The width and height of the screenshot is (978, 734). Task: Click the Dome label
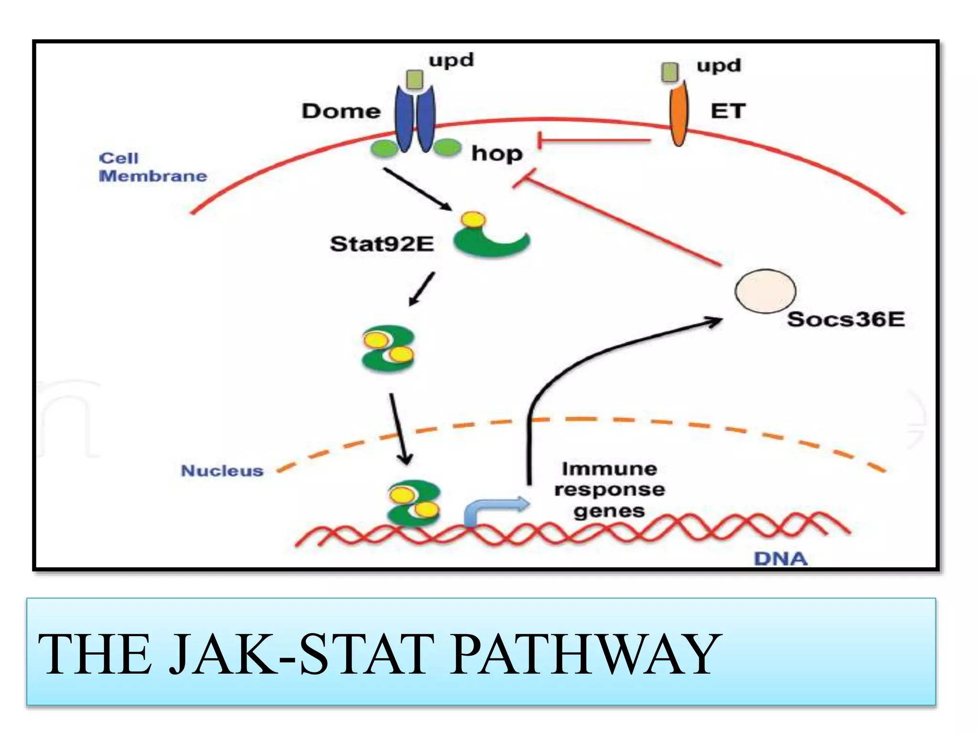(x=341, y=111)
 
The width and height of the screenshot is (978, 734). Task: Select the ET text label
(x=728, y=111)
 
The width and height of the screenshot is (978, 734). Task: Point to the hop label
(x=497, y=154)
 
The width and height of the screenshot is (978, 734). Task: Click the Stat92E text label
(x=382, y=244)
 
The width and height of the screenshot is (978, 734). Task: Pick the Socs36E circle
(x=765, y=291)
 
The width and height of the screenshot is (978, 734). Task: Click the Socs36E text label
(x=846, y=319)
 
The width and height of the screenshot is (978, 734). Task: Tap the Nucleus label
(x=222, y=471)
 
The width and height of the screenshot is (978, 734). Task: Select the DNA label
(x=780, y=559)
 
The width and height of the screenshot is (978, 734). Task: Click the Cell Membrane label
(x=152, y=167)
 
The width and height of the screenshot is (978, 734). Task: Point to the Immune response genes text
(x=609, y=490)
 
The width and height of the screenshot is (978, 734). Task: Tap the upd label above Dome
(x=451, y=61)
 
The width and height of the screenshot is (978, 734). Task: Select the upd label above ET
(x=719, y=65)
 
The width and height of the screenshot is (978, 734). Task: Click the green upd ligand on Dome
(x=415, y=79)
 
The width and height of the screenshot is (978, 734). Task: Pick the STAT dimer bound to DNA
(x=414, y=503)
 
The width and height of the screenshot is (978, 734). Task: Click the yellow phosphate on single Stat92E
(x=473, y=220)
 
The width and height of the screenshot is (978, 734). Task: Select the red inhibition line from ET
(x=595, y=140)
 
